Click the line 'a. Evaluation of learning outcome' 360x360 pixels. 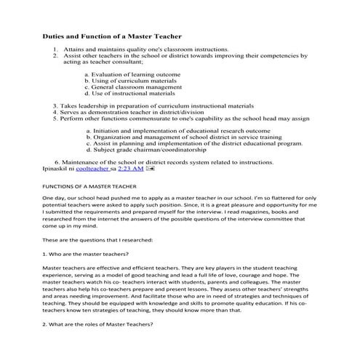132,74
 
